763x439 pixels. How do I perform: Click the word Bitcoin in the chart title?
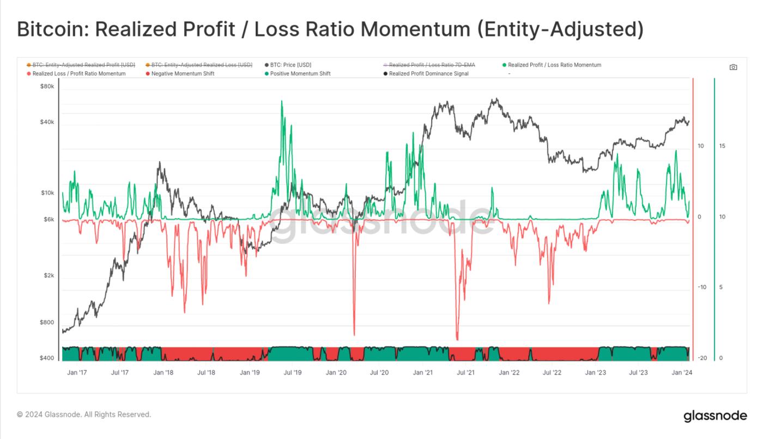pos(51,29)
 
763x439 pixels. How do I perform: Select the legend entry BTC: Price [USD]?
pos(290,65)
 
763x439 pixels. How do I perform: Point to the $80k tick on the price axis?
pos(47,87)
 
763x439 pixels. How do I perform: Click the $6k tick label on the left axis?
pos(49,219)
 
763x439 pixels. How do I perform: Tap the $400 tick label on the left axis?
pos(47,358)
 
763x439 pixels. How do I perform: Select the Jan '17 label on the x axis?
pos(77,373)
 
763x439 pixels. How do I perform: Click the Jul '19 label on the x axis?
pos(293,373)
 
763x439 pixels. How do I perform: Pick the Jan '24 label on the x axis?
pos(682,373)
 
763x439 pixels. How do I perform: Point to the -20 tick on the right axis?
pos(702,358)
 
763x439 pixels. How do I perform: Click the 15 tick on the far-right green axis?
pos(722,146)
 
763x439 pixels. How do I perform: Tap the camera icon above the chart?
pos(733,67)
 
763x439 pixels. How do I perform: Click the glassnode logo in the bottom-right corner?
pos(715,416)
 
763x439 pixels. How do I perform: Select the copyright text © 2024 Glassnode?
pos(84,414)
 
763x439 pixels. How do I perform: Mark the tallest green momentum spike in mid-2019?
pos(281,101)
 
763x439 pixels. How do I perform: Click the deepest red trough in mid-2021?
pos(457,339)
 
